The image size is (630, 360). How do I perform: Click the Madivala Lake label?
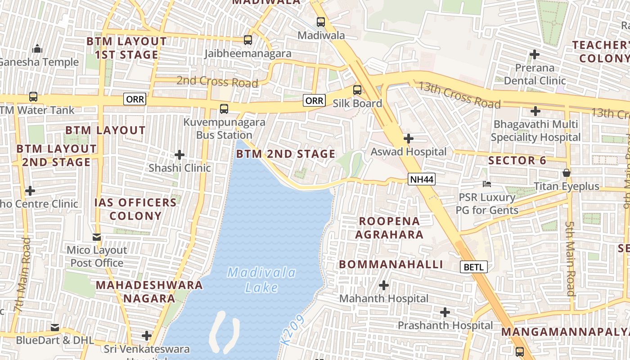[x=261, y=280]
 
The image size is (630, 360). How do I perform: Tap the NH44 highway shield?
[x=422, y=180]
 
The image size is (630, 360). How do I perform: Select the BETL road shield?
[x=473, y=267]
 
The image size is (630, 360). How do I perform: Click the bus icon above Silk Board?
[x=357, y=90]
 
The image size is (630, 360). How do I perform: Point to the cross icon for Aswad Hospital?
[x=408, y=139]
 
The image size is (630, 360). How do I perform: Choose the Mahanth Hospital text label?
[x=383, y=298]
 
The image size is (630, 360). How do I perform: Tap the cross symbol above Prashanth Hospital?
[x=445, y=312]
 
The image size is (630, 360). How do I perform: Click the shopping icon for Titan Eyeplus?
[x=566, y=173]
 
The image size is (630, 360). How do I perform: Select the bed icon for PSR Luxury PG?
[x=486, y=184]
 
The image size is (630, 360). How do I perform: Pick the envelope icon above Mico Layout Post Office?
[x=97, y=237]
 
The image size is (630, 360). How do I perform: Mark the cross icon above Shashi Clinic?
[x=180, y=155]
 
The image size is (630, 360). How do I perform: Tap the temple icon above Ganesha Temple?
[x=37, y=48]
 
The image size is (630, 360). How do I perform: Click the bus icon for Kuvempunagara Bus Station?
[x=224, y=108]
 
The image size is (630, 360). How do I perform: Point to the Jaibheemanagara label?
[x=247, y=54]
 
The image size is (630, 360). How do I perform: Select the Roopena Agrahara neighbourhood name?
[x=389, y=228]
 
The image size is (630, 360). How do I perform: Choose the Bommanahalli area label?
[x=391, y=265]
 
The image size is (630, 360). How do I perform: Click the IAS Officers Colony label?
[x=135, y=209]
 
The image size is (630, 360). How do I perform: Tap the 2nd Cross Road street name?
[x=217, y=81]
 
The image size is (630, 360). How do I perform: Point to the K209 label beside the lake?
[x=292, y=330]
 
